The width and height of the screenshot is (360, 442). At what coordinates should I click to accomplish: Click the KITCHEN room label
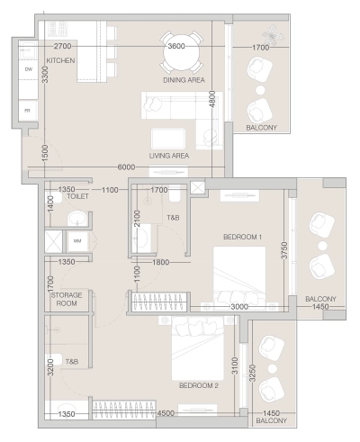[61, 61]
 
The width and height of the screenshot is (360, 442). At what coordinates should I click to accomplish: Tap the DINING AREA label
[184, 80]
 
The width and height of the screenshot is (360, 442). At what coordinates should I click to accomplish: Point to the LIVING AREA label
[168, 155]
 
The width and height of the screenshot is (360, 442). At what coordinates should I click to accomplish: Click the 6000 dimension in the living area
[126, 167]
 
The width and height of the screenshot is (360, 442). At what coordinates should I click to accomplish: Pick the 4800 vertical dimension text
[212, 99]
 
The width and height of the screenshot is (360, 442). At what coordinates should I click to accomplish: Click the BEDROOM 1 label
[242, 237]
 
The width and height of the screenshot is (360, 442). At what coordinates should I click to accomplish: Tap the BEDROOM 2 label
[199, 386]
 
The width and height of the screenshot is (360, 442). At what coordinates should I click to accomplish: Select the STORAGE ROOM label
[66, 300]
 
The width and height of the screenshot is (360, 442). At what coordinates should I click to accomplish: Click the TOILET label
[77, 195]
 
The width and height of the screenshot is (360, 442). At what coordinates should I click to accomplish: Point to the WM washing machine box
[77, 241]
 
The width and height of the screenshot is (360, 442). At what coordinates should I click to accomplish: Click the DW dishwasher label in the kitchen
[29, 69]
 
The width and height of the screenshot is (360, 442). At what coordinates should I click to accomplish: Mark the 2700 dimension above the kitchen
[62, 46]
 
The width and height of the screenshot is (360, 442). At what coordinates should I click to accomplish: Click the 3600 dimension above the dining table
[176, 46]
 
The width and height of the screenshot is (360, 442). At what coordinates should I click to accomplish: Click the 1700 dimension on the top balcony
[261, 47]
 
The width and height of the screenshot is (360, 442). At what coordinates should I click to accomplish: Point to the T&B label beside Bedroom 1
[173, 219]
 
